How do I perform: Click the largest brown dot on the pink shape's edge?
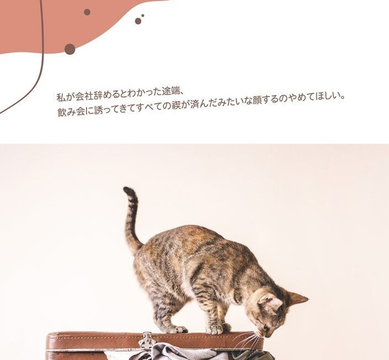click(x=70, y=49)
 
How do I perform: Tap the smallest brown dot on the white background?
click(x=143, y=15)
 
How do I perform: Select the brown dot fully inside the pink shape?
click(x=87, y=12)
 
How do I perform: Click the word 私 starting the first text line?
click(x=61, y=97)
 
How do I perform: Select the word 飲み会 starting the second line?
click(x=71, y=112)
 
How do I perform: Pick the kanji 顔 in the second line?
click(x=256, y=101)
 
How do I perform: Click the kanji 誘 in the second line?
click(x=99, y=110)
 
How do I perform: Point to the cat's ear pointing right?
click(x=298, y=299)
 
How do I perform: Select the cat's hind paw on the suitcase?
click(x=178, y=329)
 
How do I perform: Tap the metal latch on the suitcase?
click(x=148, y=341)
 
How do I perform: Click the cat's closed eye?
click(x=263, y=323)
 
